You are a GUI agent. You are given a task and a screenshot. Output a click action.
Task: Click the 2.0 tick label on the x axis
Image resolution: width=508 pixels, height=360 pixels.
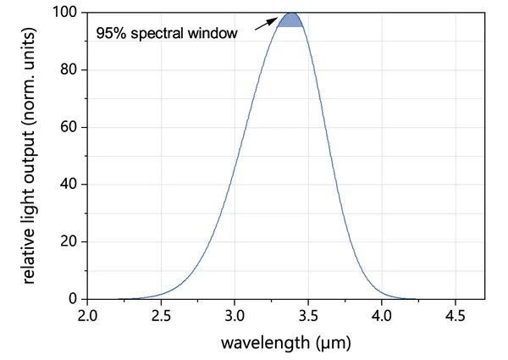(x=88, y=318)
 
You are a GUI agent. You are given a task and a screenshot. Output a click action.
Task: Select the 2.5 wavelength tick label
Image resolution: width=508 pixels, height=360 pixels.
(x=161, y=318)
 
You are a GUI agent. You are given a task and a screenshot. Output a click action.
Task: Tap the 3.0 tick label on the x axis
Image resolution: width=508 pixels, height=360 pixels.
(x=235, y=318)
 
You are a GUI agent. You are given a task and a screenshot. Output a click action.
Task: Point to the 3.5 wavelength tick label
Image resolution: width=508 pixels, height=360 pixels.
(x=308, y=318)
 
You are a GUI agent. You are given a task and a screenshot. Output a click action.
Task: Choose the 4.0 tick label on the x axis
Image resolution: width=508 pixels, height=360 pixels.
(x=382, y=318)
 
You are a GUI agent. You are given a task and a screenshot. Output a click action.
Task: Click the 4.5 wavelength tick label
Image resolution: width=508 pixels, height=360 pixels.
(x=456, y=318)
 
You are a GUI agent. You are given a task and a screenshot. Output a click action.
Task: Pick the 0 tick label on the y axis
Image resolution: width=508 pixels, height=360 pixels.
(x=73, y=299)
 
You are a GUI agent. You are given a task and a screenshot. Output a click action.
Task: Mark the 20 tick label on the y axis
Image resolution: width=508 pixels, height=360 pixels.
(x=69, y=241)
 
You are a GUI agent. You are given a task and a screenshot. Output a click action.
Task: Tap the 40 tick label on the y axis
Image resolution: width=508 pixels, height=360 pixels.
(x=69, y=185)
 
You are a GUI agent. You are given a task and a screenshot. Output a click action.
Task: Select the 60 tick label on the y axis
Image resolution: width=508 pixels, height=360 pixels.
(x=69, y=127)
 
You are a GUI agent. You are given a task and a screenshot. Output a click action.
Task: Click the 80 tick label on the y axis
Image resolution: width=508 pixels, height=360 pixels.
(x=69, y=70)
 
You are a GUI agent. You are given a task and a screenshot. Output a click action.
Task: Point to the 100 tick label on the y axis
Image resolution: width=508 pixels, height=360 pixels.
(x=66, y=13)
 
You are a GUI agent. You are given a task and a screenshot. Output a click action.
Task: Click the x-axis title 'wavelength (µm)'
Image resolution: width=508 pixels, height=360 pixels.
(x=286, y=343)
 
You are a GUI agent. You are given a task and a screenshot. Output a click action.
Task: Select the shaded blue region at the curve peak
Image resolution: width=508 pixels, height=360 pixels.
(x=290, y=19)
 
